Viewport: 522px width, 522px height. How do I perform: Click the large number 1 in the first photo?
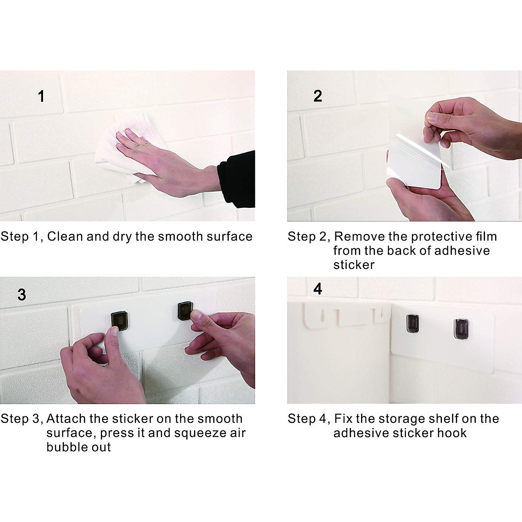point(41,96)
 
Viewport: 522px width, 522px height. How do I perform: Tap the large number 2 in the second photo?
point(318,96)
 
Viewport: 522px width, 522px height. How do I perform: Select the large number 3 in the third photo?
point(22,294)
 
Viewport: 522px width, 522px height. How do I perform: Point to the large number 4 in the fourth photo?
point(318,289)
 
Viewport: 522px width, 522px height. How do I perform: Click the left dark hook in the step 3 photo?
point(120,321)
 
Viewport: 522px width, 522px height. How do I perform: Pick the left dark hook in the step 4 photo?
point(412,324)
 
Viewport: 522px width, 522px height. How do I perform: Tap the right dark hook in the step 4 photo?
point(461,329)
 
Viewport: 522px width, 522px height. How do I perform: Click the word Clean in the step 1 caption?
point(65,237)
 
